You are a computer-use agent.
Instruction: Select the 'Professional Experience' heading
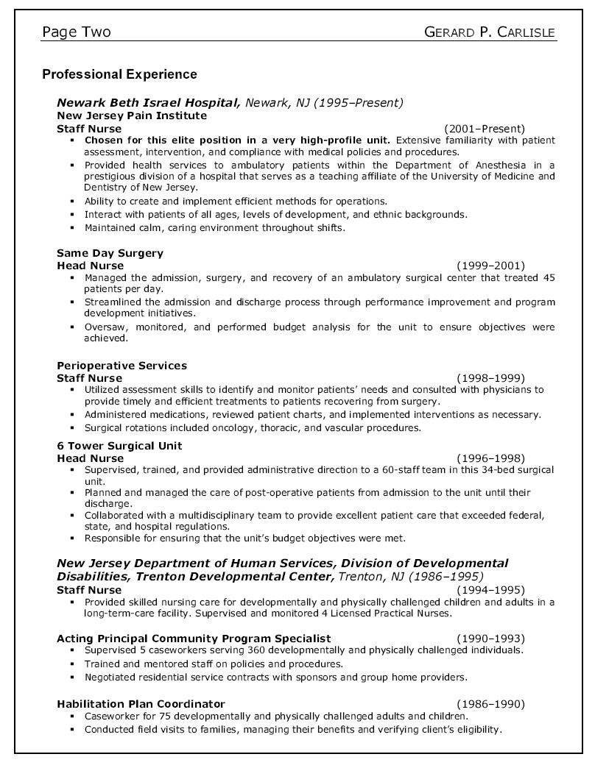(x=119, y=74)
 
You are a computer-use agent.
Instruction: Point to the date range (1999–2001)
(x=490, y=266)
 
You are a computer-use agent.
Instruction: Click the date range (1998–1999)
(x=490, y=378)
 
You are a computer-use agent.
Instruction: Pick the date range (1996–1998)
(x=490, y=458)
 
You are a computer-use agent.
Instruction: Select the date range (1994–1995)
(x=490, y=590)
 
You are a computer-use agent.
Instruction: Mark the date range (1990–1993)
(x=490, y=639)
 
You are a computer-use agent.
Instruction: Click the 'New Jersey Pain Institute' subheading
(x=132, y=115)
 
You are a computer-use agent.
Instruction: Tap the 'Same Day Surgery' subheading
(x=110, y=253)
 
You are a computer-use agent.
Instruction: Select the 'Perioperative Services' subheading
(x=122, y=366)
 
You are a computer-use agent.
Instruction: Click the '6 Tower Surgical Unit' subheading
(x=119, y=446)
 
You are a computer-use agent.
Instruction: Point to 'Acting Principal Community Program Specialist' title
(x=194, y=639)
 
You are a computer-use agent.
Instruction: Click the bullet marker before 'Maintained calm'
(x=72, y=228)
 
